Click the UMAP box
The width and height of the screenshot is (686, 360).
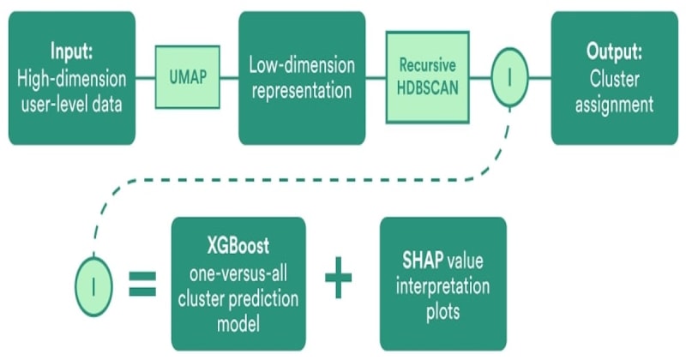click(x=187, y=77)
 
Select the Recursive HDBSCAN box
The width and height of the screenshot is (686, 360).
click(x=427, y=77)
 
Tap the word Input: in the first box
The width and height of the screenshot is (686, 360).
click(x=72, y=50)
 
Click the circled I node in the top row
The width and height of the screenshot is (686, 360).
click(x=509, y=77)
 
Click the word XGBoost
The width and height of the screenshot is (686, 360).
click(x=238, y=246)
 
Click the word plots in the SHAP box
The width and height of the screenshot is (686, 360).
click(x=442, y=310)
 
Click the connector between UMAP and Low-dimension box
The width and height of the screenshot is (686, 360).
click(x=229, y=77)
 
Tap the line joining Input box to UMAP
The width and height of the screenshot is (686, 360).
click(x=145, y=77)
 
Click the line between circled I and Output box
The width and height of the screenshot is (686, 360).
click(x=541, y=77)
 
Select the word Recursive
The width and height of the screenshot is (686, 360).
click(x=427, y=66)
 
